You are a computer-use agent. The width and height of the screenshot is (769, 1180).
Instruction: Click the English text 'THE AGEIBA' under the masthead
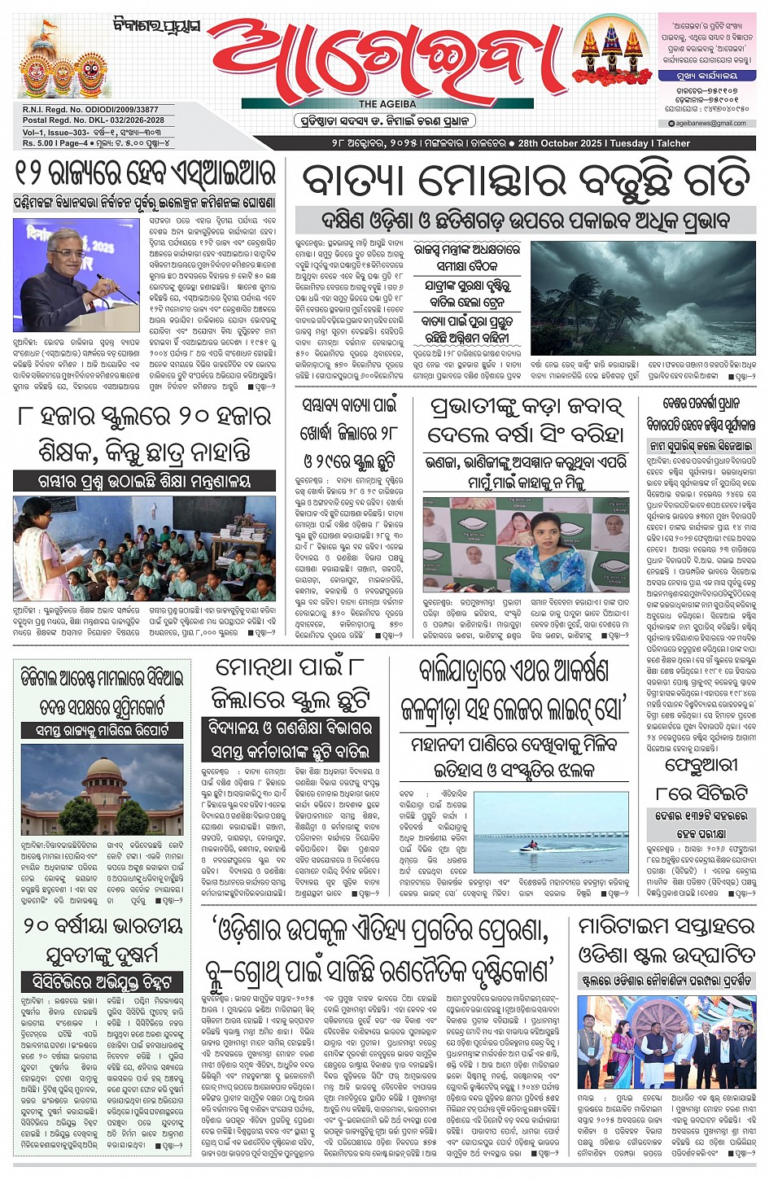(387, 104)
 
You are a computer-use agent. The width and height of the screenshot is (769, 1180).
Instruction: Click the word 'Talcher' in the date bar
(673, 143)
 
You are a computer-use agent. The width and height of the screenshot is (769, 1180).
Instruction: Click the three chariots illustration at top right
(608, 49)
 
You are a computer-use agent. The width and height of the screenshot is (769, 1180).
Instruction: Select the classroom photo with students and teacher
(143, 548)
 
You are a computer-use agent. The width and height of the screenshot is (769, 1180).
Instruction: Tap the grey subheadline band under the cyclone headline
(524, 220)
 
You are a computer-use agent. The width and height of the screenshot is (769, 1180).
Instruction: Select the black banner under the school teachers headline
(144, 481)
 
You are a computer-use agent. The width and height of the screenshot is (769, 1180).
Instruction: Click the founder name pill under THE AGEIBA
(383, 120)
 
